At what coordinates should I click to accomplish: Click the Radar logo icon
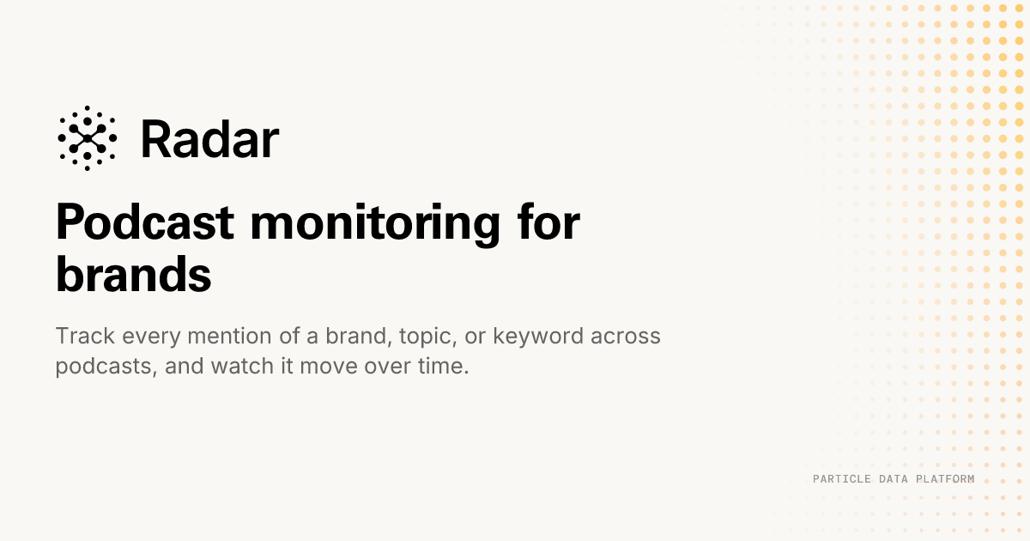(88, 138)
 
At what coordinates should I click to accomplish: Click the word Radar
(209, 139)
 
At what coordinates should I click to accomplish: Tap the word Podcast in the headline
(145, 222)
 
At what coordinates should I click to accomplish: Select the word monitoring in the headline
(375, 225)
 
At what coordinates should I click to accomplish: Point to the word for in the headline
(548, 222)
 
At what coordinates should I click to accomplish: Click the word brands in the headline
(133, 274)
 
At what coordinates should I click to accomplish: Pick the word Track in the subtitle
(85, 336)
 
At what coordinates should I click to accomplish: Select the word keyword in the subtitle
(538, 337)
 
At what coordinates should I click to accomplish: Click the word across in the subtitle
(626, 337)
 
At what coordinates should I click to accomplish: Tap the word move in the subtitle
(328, 368)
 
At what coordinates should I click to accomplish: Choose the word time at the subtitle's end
(443, 366)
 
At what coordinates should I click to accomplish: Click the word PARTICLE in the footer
(842, 479)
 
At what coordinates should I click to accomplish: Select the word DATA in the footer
(893, 479)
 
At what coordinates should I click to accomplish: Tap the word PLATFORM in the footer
(945, 479)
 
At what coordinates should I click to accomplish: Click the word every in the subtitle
(151, 337)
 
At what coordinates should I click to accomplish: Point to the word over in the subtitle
(388, 368)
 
